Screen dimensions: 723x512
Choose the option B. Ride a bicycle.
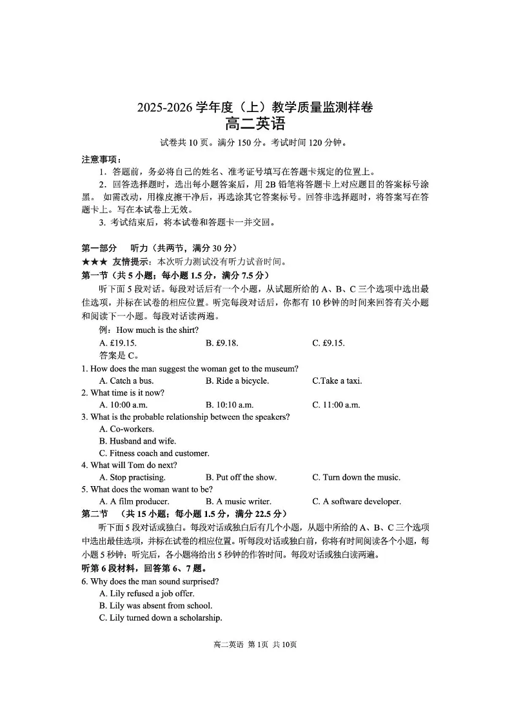(237, 380)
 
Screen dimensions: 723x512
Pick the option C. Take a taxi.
(337, 380)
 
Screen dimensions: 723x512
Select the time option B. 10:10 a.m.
(230, 405)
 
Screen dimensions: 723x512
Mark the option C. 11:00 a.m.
(336, 405)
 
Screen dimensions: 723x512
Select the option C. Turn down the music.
(356, 477)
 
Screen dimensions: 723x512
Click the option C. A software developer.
(357, 502)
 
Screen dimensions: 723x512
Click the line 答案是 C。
(119, 355)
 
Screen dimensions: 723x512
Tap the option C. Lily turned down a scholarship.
(161, 618)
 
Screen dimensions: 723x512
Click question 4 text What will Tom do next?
(130, 465)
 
